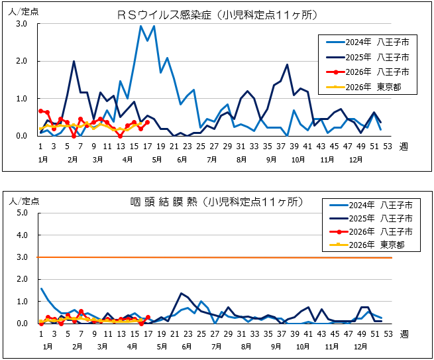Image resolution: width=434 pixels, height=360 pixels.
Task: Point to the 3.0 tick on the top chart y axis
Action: [21, 24]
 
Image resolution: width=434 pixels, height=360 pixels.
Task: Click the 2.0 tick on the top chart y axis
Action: [21, 61]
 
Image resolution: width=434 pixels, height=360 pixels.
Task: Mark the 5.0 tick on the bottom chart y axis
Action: [21, 213]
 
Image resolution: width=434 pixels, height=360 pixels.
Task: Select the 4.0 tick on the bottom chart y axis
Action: [21, 235]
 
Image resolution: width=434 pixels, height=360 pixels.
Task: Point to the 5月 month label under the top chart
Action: [156, 160]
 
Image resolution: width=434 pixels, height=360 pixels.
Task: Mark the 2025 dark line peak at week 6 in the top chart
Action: [74, 61]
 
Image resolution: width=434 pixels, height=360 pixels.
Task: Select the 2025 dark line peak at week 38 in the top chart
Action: [287, 65]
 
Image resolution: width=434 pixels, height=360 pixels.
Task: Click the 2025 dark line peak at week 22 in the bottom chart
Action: [181, 293]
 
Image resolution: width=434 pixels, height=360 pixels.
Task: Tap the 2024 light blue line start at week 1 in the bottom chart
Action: [40, 288]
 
